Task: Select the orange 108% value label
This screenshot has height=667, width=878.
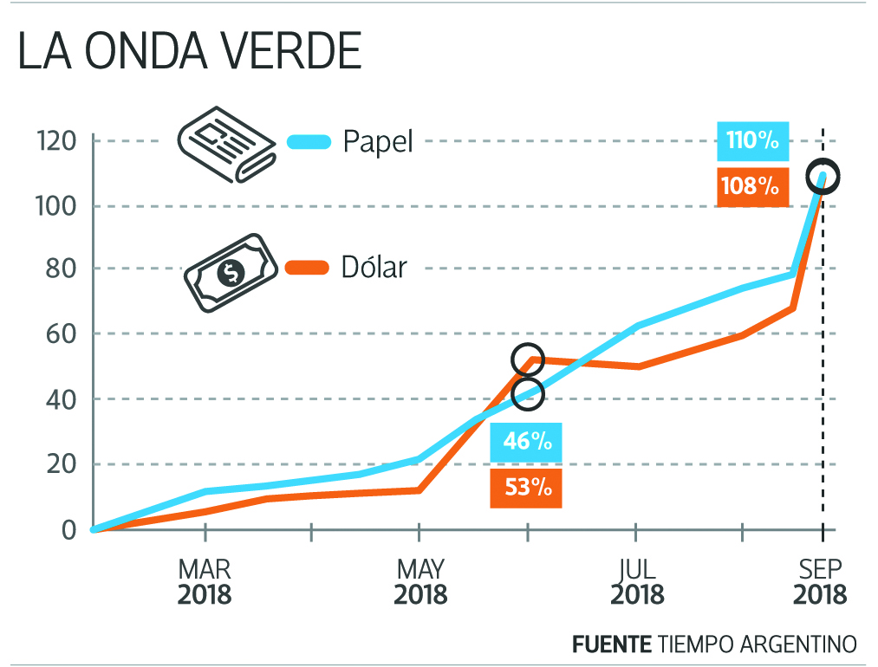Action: (753, 185)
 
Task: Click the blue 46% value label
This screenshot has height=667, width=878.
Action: (525, 442)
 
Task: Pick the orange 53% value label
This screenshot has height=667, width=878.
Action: (525, 487)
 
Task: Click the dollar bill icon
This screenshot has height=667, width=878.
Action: (231, 271)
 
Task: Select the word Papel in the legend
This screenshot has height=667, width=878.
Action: (378, 141)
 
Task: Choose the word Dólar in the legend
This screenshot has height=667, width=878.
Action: (374, 267)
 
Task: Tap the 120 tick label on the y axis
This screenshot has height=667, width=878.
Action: (56, 141)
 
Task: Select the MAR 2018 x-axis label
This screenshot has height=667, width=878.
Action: (205, 582)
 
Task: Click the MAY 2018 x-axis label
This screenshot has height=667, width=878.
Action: (420, 582)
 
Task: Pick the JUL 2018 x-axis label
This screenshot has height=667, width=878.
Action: (637, 582)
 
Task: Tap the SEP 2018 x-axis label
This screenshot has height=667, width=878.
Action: (820, 582)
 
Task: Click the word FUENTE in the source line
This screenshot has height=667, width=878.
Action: (611, 644)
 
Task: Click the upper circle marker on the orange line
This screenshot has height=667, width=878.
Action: (528, 359)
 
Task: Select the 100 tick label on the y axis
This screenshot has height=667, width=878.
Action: (56, 206)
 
